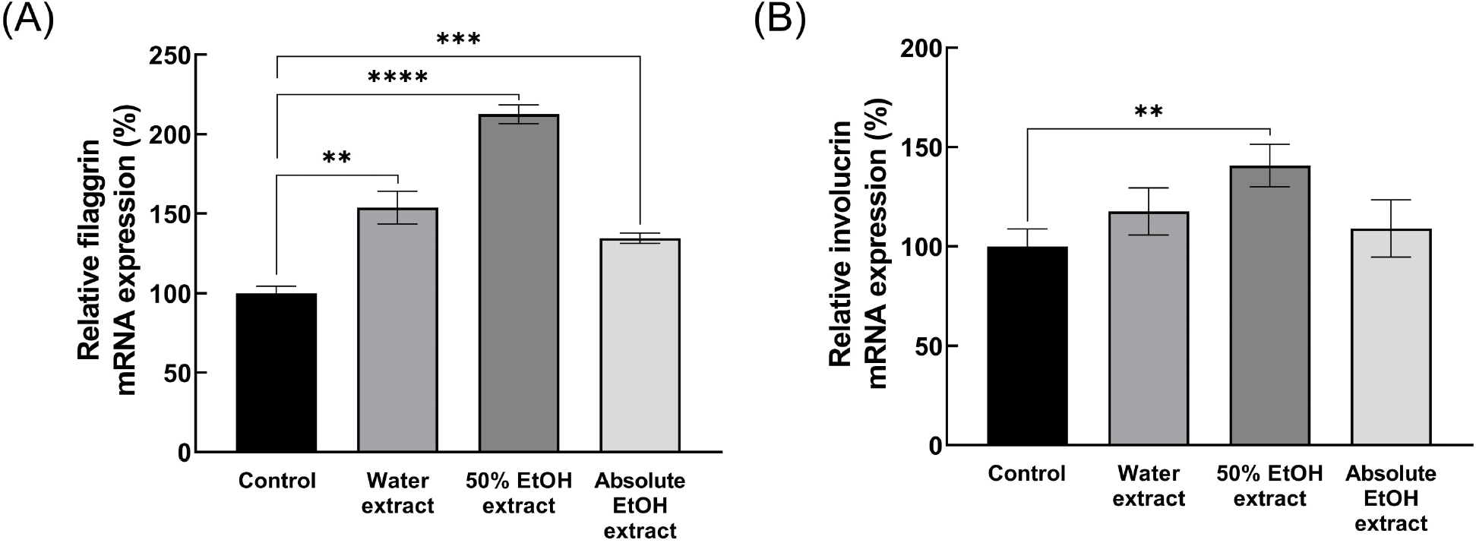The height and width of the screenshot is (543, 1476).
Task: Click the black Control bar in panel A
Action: coord(277,373)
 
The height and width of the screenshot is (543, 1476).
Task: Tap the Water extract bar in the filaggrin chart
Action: coord(398,330)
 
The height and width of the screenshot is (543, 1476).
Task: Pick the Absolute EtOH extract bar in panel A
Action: coord(640,346)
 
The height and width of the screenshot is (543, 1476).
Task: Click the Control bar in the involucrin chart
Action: coord(1027,346)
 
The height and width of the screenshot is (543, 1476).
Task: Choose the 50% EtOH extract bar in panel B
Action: coord(1269,305)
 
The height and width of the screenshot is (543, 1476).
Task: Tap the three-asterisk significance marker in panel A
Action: coord(458,39)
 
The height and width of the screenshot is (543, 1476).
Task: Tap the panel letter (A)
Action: coord(28,21)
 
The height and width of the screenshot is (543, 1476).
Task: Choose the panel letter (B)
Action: coord(779,21)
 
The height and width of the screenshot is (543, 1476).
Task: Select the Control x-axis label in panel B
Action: coord(1027,474)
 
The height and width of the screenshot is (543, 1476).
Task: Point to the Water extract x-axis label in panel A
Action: coord(398,494)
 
